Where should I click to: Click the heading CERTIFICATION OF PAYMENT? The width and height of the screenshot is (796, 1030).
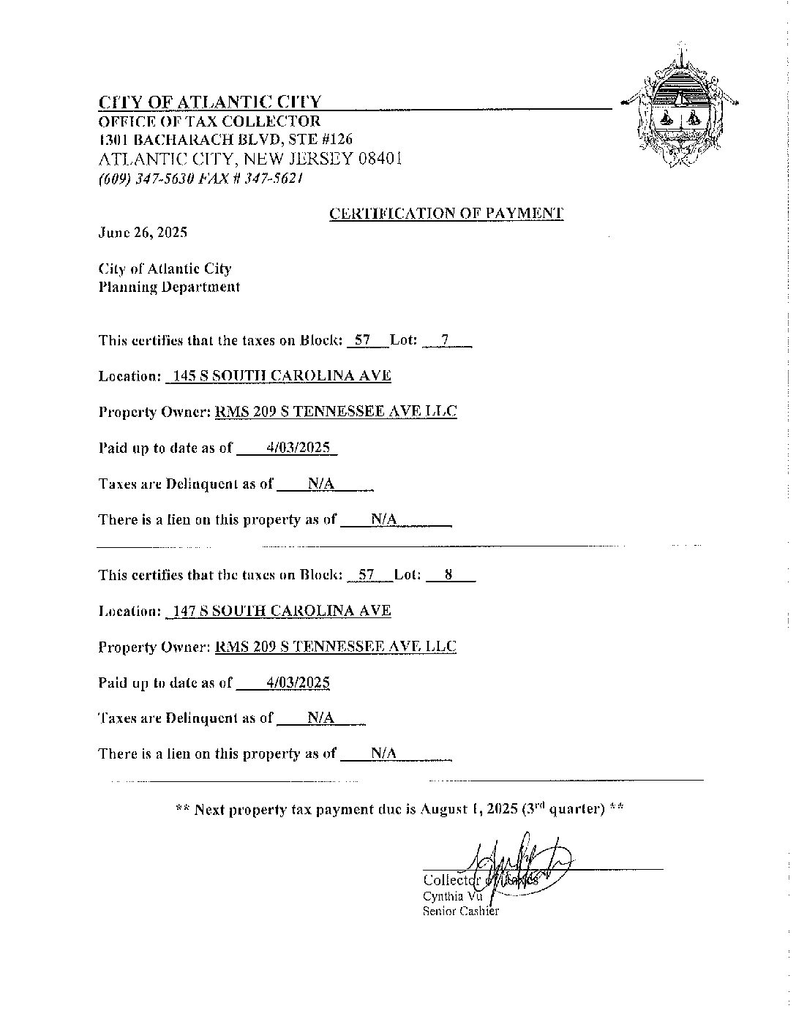(x=446, y=214)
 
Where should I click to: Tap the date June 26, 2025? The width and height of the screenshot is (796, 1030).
(x=143, y=233)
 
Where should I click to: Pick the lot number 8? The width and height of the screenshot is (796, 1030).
(x=448, y=575)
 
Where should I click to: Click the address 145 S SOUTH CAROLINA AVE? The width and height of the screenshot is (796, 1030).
(x=278, y=376)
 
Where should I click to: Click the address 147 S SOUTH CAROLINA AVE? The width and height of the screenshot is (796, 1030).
(x=278, y=611)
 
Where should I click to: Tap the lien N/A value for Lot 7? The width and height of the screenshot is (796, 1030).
(x=384, y=519)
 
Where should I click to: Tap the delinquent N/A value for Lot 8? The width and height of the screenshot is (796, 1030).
(x=320, y=718)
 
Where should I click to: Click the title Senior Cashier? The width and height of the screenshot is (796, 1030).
(x=460, y=911)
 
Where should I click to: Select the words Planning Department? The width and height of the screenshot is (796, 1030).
(x=169, y=287)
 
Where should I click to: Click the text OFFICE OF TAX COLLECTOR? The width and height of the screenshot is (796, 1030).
(x=210, y=121)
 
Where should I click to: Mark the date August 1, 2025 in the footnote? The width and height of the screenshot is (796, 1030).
(x=469, y=809)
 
